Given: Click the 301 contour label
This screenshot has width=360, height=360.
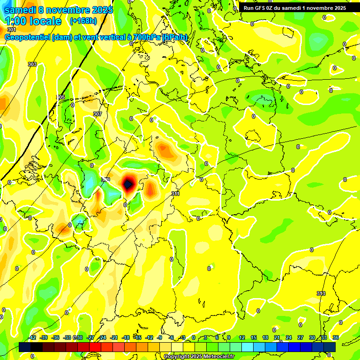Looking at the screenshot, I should click(x=12, y=30).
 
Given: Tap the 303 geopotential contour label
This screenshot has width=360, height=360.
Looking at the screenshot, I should click(x=32, y=64).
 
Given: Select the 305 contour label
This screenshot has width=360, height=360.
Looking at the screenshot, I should click(x=60, y=97).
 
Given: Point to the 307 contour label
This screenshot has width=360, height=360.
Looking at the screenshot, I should click(x=97, y=114).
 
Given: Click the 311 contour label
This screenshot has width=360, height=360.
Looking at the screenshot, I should click(x=175, y=193).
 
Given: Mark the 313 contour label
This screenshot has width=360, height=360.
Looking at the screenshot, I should click(x=321, y=293).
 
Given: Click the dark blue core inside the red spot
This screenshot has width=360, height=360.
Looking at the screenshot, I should click(x=127, y=184).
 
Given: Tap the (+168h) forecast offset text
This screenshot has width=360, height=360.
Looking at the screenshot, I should click(x=83, y=21).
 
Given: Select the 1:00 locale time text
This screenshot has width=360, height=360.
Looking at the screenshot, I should click(x=33, y=21).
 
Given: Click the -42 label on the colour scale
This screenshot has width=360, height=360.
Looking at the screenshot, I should click(x=32, y=337).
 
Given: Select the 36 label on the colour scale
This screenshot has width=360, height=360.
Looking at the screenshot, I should click(x=336, y=337).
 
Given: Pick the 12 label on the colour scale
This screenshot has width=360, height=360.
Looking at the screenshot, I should click(x=242, y=337).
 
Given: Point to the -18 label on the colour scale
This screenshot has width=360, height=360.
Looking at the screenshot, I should click(x=126, y=337).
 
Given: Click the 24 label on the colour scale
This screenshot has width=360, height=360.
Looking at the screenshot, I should click(x=289, y=337).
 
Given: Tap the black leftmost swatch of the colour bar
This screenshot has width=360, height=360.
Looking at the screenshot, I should click(x=25, y=347).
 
